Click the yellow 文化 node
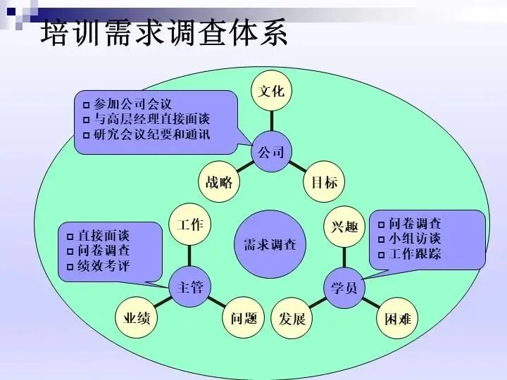point(271,92)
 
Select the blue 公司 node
point(271,151)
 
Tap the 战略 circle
point(219,183)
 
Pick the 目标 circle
point(324,183)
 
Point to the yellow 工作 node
point(190,225)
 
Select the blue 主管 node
point(190,286)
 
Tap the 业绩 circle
point(136,319)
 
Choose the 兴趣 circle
point(344,227)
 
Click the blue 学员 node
point(344,286)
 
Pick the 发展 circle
point(292,319)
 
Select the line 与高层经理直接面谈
point(151,120)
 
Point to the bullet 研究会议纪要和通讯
point(151,134)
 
